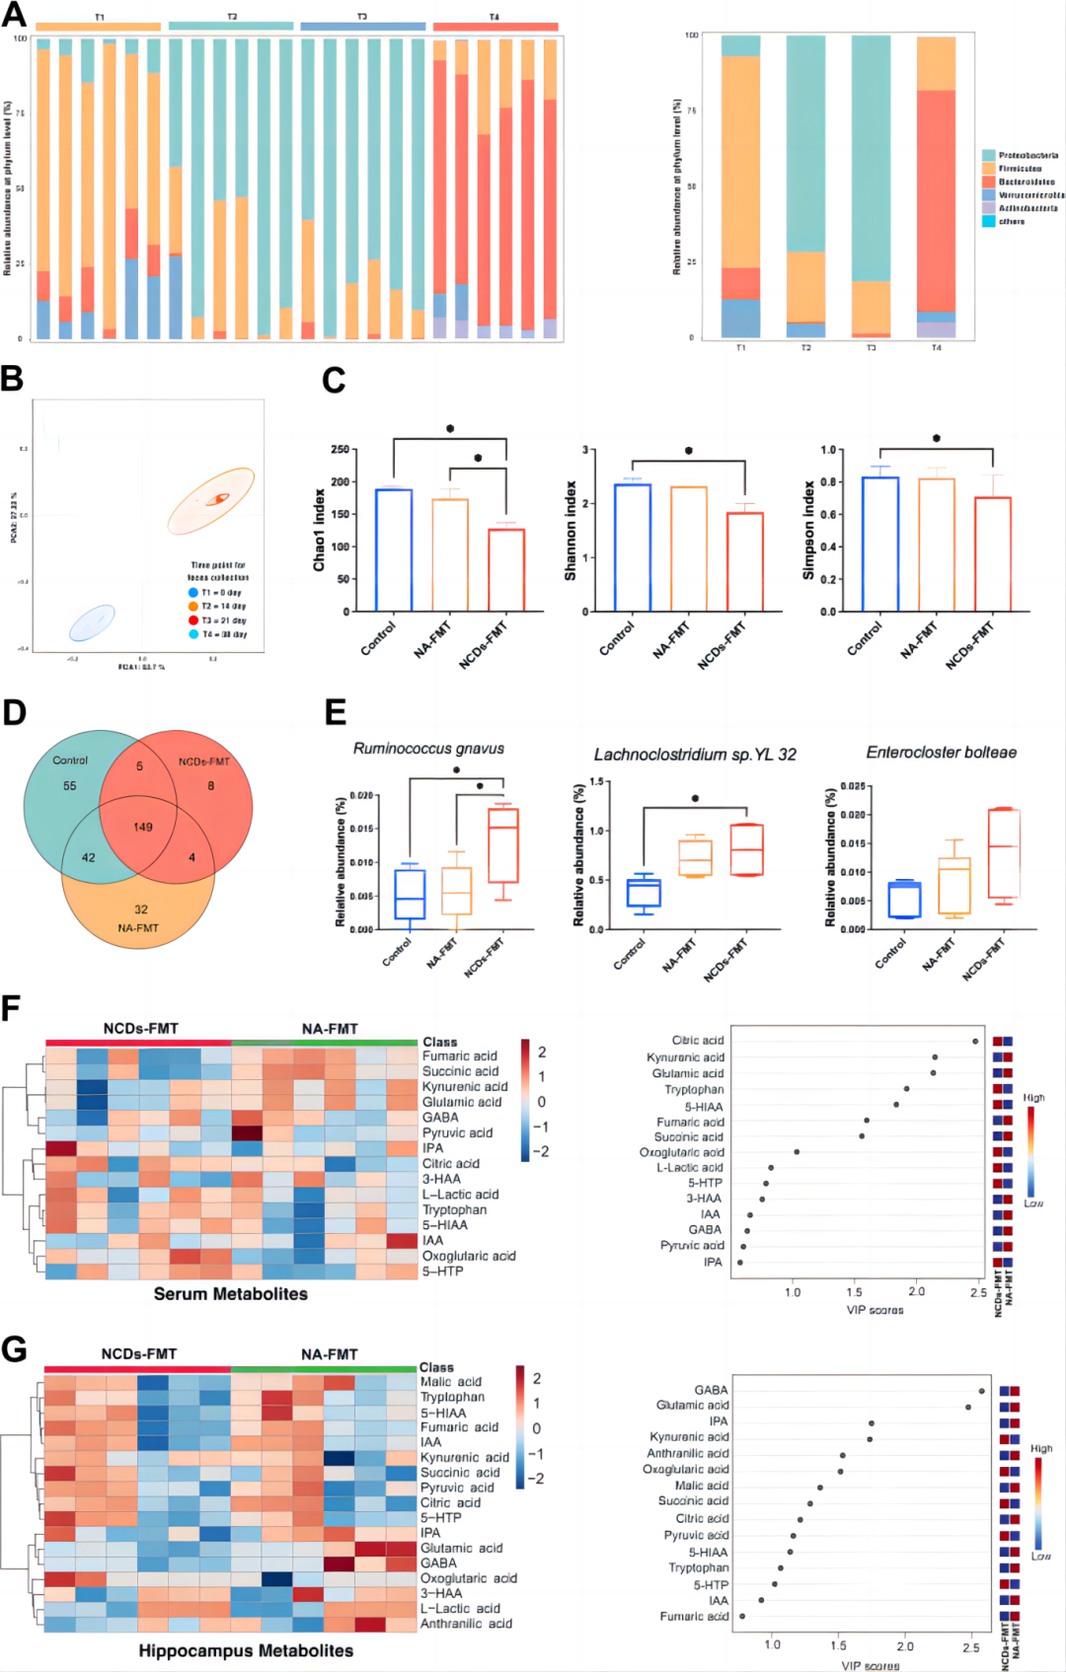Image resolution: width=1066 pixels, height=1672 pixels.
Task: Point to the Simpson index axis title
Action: click(x=808, y=530)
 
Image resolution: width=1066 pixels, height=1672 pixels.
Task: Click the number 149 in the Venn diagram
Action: click(x=143, y=827)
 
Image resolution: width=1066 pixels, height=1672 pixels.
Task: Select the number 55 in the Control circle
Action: click(x=69, y=786)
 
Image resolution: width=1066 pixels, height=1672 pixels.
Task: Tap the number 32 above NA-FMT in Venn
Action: click(x=141, y=909)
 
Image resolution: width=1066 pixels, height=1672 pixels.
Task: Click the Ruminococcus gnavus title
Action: click(x=428, y=749)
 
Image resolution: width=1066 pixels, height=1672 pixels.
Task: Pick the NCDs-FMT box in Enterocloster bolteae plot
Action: click(x=1004, y=853)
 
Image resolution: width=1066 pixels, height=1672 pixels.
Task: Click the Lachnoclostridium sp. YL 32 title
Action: click(x=694, y=755)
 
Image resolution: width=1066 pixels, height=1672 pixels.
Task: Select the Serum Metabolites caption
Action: click(x=230, y=1294)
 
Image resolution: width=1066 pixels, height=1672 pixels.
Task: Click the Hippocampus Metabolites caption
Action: click(x=245, y=1650)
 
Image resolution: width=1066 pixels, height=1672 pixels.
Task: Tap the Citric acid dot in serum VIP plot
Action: click(x=975, y=1041)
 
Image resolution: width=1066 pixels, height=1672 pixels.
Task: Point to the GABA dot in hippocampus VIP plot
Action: click(x=981, y=1391)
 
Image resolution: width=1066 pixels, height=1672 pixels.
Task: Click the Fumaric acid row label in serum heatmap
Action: click(x=459, y=1055)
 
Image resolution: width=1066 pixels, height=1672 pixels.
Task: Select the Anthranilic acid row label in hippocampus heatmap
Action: click(x=466, y=1624)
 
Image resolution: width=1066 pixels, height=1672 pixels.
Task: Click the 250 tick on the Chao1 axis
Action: click(x=340, y=450)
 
